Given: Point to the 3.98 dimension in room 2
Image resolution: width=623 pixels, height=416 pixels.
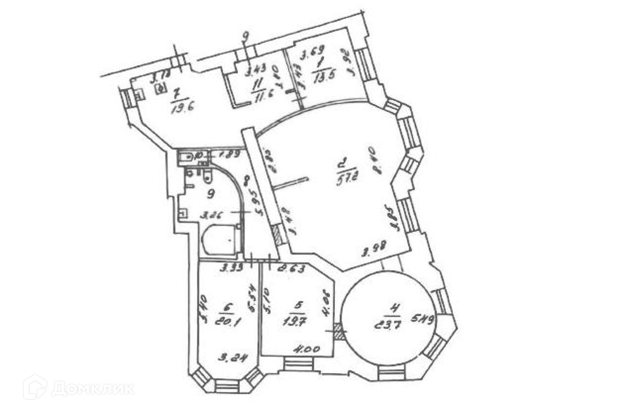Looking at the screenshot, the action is click(374, 252).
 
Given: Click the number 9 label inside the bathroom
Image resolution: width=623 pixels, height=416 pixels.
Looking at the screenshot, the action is click(211, 194).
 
